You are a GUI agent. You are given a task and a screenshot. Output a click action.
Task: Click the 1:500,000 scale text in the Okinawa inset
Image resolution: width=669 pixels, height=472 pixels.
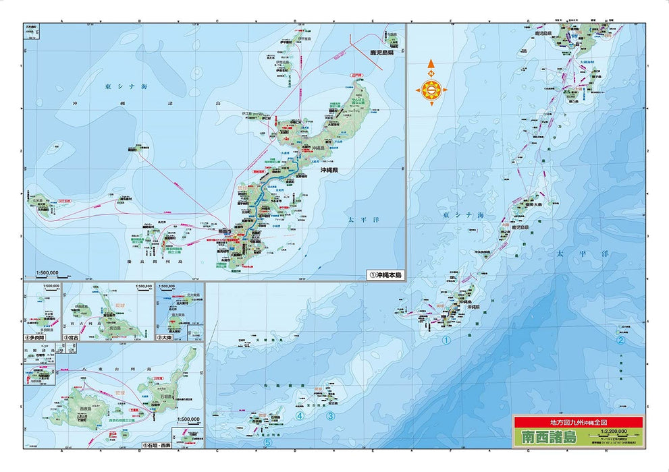point(47,273)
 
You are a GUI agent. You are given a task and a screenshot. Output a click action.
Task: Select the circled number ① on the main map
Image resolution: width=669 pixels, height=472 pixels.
point(446,341)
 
